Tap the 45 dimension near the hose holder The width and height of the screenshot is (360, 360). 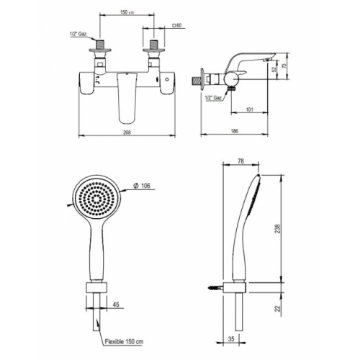[x=115, y=305]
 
